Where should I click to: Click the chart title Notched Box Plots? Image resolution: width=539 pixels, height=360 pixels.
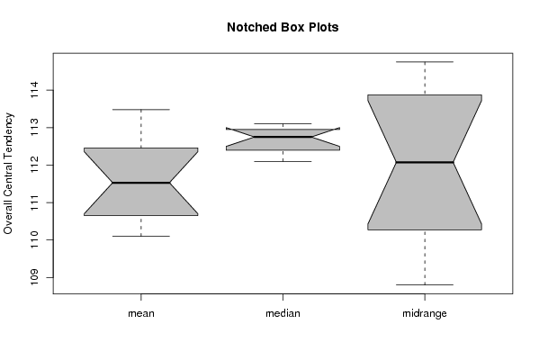(283, 27)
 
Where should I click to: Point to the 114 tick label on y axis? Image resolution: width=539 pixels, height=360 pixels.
(34, 90)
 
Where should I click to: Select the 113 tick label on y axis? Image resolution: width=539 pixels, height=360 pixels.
(34, 127)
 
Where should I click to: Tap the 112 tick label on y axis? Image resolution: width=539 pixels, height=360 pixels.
(34, 165)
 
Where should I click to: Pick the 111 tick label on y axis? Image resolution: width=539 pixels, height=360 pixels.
(34, 202)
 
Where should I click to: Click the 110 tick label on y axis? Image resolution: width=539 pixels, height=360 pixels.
(34, 239)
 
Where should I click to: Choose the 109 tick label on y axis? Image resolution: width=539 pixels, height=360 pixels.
(34, 277)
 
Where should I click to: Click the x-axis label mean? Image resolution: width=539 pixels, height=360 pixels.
(141, 313)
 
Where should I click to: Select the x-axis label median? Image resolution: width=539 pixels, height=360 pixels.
(283, 313)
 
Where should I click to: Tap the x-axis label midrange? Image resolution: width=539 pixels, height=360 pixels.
(425, 313)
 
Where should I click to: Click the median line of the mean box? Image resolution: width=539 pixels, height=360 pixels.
(141, 183)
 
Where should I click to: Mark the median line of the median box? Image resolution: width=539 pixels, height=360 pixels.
(283, 137)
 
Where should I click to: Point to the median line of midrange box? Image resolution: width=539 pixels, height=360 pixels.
(425, 162)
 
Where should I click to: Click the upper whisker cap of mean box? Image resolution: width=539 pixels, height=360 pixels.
(141, 109)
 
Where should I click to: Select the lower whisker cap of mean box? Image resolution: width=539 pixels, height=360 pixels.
(141, 236)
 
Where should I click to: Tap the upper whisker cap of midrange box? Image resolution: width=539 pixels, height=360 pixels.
(425, 62)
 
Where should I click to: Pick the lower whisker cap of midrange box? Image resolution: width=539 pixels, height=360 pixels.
(425, 284)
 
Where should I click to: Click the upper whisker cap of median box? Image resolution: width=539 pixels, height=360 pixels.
(283, 123)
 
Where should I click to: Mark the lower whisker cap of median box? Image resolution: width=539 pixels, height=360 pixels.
(283, 161)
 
